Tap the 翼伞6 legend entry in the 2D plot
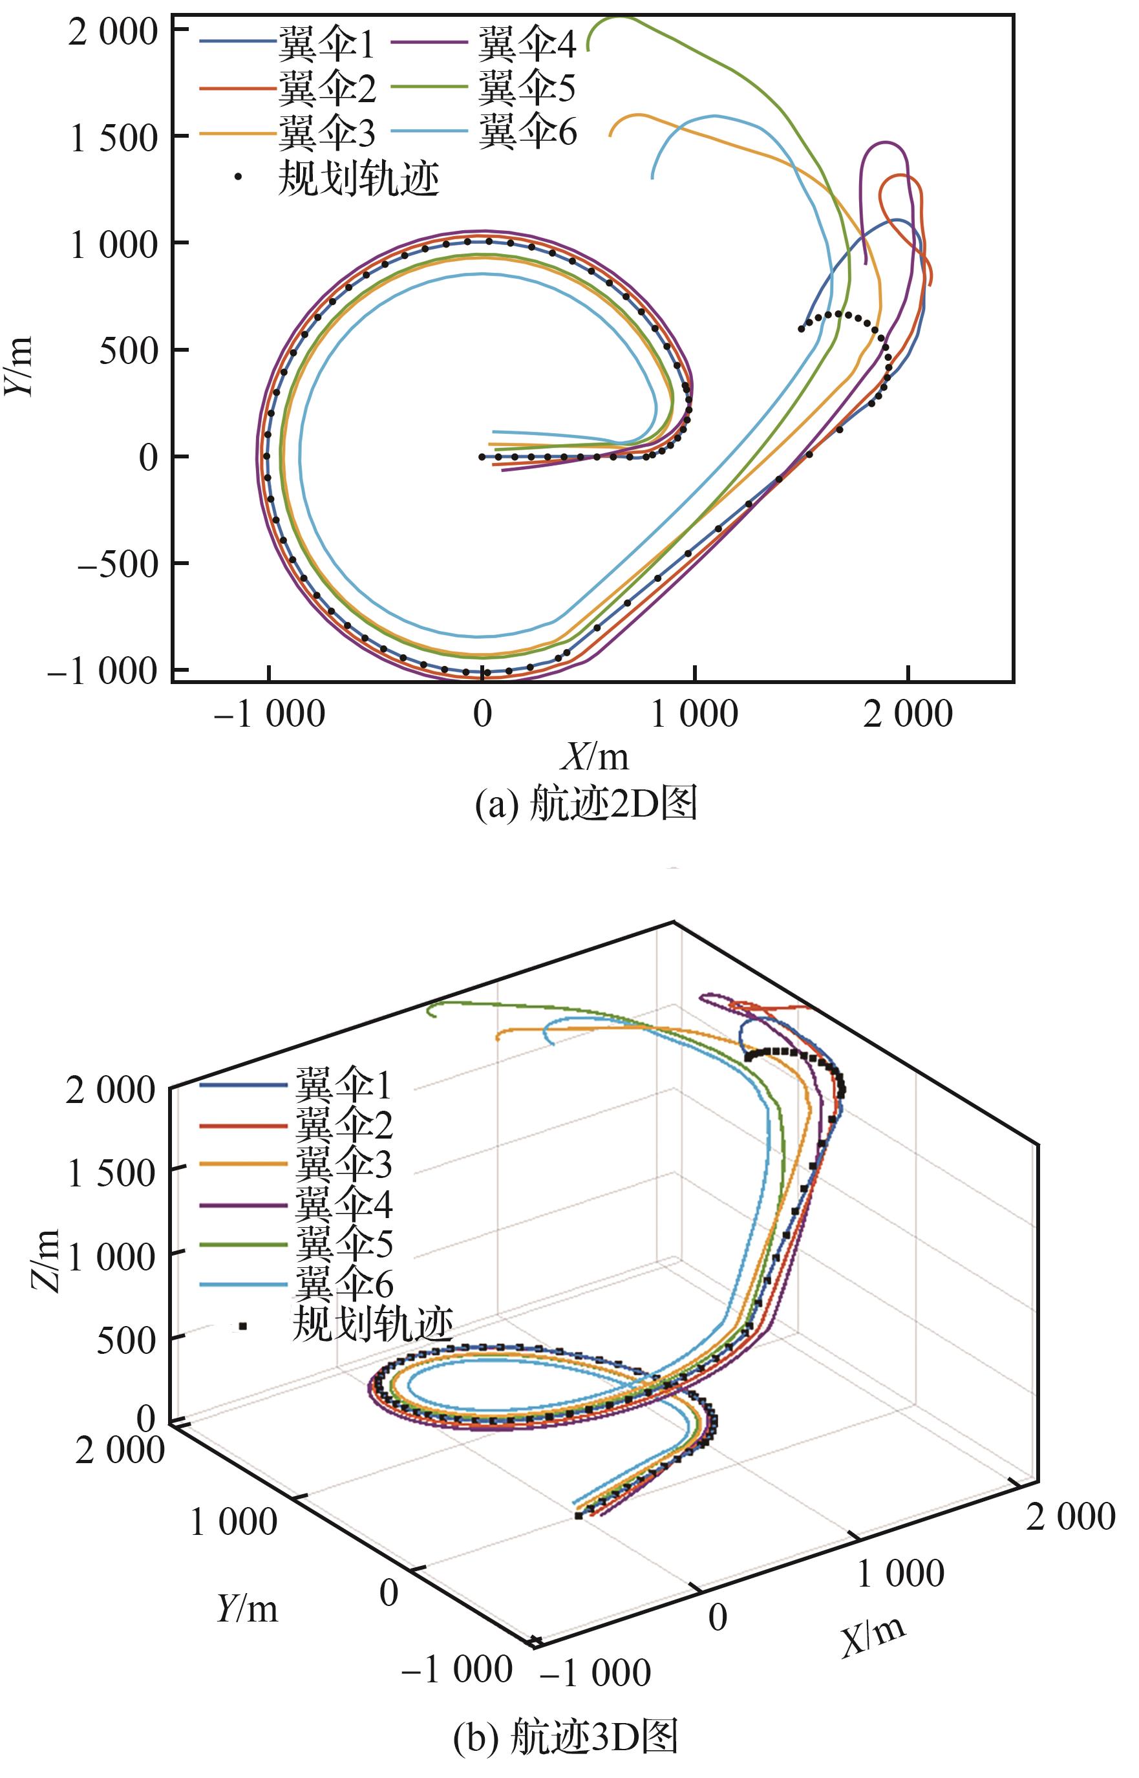coord(527,132)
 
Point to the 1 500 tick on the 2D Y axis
coord(114,138)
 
